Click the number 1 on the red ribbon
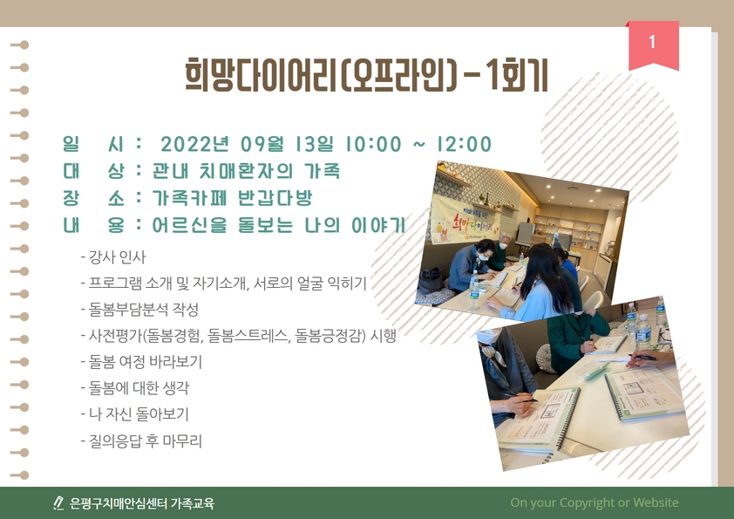click(x=652, y=42)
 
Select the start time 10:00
click(x=374, y=144)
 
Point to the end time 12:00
click(x=464, y=144)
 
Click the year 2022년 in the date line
click(x=194, y=144)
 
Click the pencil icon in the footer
click(x=58, y=503)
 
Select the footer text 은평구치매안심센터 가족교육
click(x=142, y=503)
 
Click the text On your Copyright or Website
click(x=595, y=502)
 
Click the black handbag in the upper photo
click(x=430, y=281)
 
